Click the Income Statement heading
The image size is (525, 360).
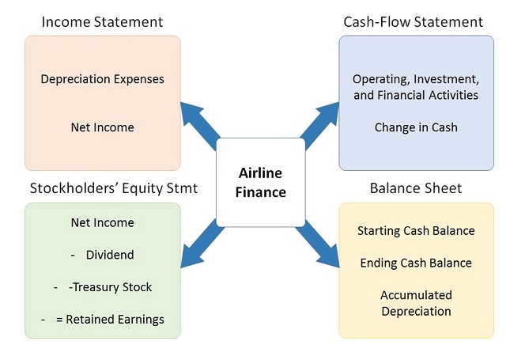coord(103,21)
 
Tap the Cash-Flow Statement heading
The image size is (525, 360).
coord(414,21)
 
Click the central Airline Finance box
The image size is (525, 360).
coord(260,182)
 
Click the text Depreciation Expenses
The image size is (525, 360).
coord(102,79)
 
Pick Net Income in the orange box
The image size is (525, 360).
coord(102,127)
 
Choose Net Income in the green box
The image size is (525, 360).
coord(102,223)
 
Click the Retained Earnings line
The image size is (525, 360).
coord(115,319)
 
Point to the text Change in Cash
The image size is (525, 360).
coord(416,127)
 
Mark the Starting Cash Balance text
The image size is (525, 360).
coord(416,231)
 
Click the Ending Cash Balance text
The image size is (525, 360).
coord(416,263)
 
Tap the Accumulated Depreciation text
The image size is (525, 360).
coord(416,303)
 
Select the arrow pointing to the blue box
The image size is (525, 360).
coord(320,123)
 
